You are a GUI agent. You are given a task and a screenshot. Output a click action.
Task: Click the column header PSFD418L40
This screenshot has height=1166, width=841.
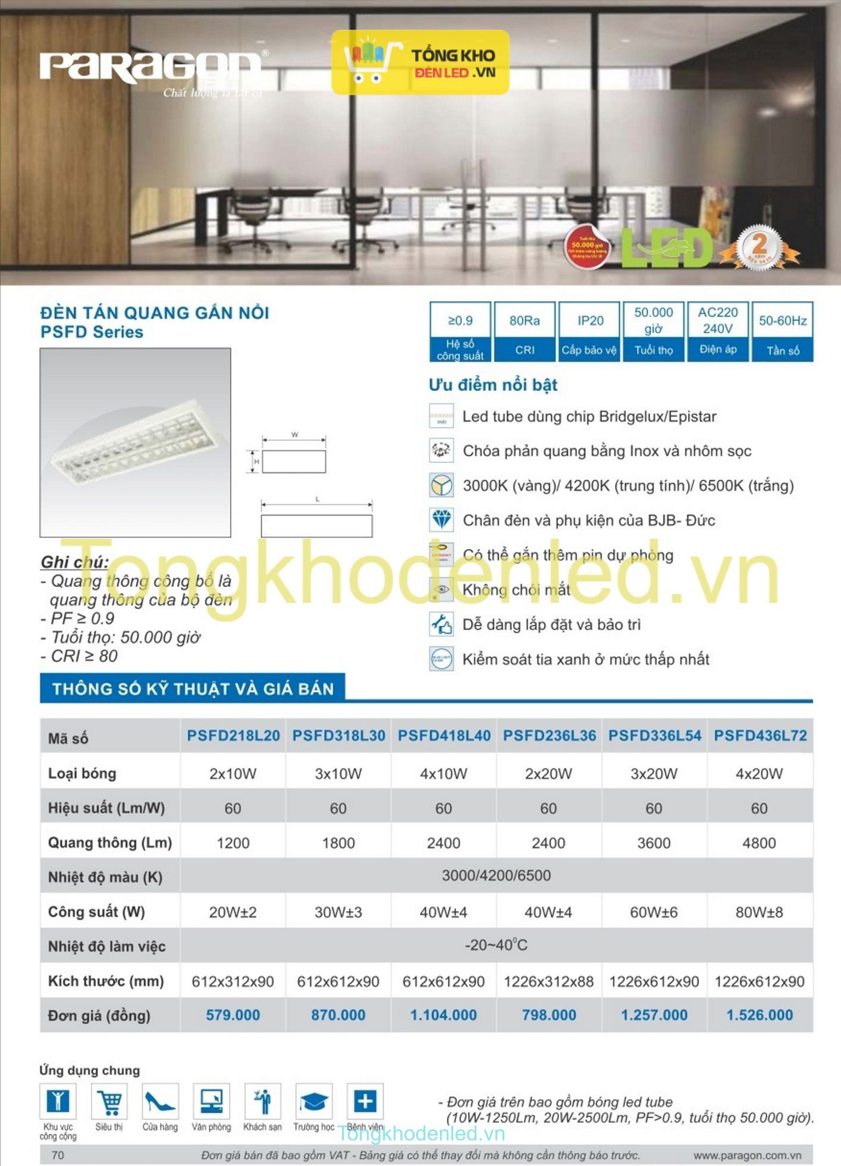coord(444,736)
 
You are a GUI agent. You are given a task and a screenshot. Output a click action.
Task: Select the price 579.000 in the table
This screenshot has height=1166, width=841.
coord(233,1015)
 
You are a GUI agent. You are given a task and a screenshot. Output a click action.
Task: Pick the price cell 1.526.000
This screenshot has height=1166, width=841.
coord(760,1015)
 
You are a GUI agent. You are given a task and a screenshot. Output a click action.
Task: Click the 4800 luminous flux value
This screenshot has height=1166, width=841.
coord(759,843)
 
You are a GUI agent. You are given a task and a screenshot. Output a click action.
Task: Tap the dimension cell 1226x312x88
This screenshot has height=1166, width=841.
coord(548,982)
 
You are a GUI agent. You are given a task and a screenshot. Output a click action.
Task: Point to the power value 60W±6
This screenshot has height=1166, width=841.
coord(654,912)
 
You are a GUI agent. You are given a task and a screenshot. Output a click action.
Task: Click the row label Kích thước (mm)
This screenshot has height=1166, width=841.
coord(106,981)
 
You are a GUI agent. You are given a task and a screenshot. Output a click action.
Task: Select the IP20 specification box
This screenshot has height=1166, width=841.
coord(590,331)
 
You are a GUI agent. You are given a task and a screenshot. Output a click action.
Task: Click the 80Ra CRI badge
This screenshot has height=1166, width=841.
coord(525,331)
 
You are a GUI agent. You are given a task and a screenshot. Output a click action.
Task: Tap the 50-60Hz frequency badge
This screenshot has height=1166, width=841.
coord(782,331)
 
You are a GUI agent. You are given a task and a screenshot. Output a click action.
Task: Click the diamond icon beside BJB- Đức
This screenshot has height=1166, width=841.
coord(441,520)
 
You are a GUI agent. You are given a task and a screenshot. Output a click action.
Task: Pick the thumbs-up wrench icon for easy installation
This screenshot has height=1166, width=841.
coord(441,624)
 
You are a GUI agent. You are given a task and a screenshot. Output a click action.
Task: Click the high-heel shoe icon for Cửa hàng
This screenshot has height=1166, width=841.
coord(160,1101)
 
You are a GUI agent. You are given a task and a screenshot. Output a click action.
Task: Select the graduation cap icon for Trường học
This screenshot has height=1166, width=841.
coord(313,1101)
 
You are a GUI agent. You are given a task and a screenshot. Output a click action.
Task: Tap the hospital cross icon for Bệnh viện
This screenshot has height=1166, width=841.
coord(365,1101)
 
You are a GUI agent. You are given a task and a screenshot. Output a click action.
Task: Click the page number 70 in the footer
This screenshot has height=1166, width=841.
coord(58,1155)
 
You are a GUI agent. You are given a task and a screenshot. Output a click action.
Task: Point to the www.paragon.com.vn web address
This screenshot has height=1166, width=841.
coord(747,1155)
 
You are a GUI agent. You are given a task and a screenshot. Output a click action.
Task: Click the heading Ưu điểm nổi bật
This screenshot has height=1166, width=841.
coord(493,385)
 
